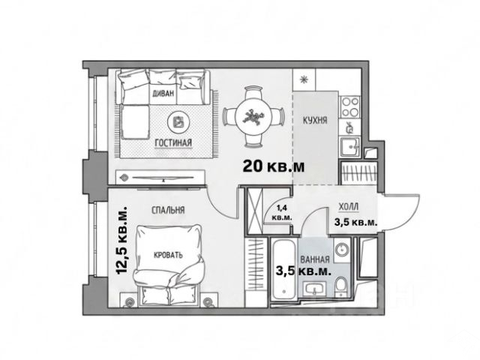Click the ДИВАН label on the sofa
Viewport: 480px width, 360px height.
(x=163, y=93)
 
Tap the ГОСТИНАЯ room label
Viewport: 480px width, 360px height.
(x=173, y=142)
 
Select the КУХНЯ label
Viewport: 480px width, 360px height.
(x=315, y=120)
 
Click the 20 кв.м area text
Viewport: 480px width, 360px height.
(x=274, y=166)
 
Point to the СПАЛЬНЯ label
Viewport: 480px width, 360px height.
(x=168, y=210)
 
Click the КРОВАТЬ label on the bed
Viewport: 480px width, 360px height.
(x=168, y=255)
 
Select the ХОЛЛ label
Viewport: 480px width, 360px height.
(x=349, y=207)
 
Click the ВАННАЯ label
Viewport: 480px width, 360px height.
(x=315, y=260)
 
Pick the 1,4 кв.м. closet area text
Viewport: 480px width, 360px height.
(x=282, y=213)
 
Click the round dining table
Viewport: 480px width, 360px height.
(x=253, y=117)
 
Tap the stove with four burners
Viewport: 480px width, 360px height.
(x=350, y=106)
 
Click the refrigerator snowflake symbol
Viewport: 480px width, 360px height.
(x=304, y=79)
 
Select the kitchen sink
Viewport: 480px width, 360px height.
(x=350, y=147)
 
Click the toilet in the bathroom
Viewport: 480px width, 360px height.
(x=341, y=286)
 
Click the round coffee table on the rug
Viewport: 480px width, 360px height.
(x=178, y=122)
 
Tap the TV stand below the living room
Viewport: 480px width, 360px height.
(x=160, y=178)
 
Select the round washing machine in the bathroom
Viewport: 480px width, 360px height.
(x=342, y=249)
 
